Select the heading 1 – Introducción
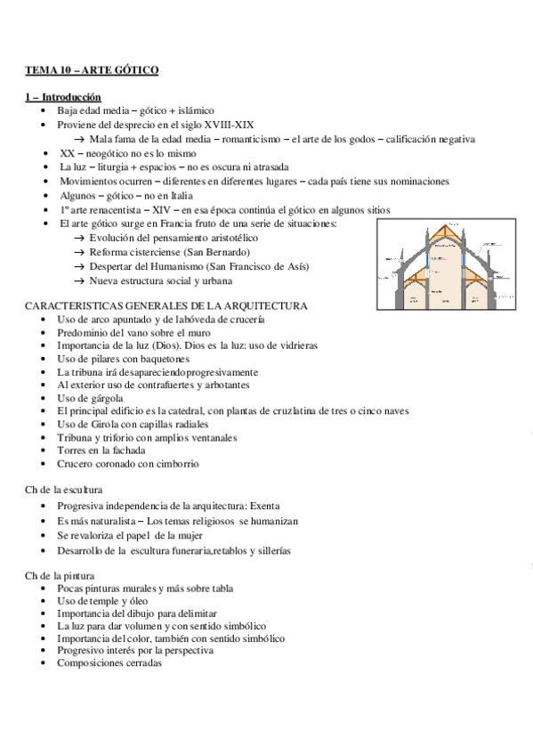point(62,96)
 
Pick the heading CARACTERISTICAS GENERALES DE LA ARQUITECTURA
point(166,305)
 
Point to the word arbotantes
point(223,385)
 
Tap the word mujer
point(190,535)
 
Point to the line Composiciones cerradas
point(109,662)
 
